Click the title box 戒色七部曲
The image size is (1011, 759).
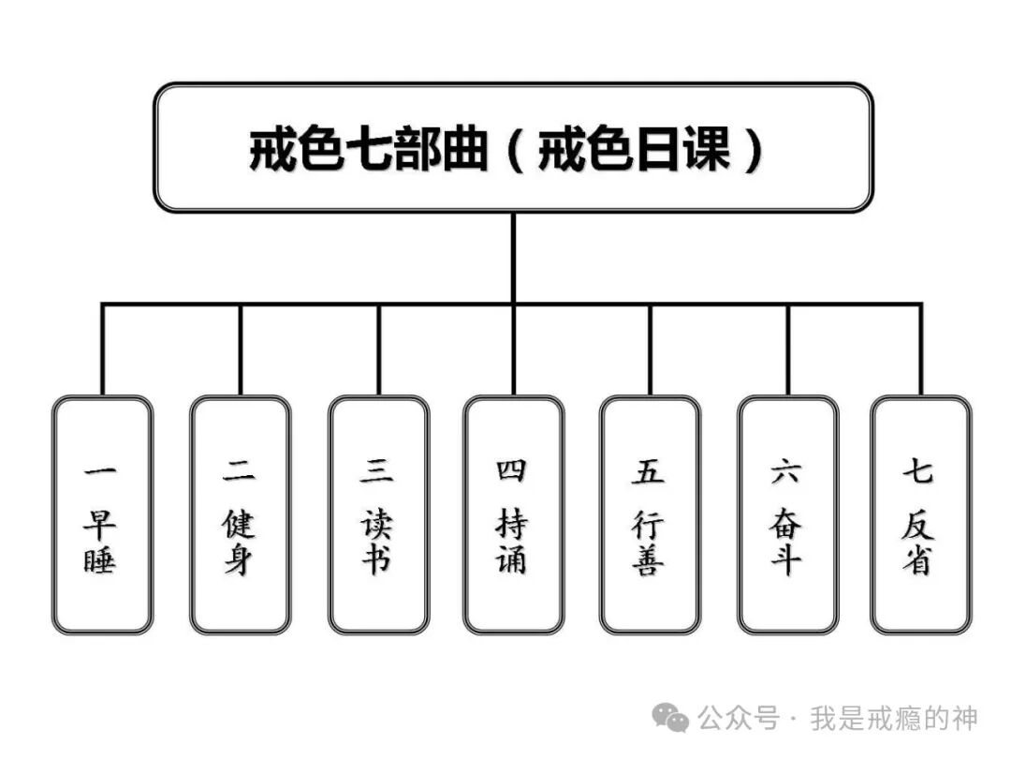pos(513,148)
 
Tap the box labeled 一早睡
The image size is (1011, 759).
pos(102,515)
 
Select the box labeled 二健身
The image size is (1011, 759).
pos(240,515)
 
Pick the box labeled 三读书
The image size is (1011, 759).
pos(378,515)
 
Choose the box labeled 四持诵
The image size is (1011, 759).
pos(513,515)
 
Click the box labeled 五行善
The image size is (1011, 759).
pos(650,515)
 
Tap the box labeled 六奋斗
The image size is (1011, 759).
pos(788,515)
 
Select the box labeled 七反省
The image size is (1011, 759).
pos(921,515)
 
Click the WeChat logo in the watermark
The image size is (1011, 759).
pos(670,718)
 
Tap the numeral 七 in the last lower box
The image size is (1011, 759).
pos(917,470)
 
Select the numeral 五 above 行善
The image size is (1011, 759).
pos(648,471)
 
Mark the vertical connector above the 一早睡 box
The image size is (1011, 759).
pos(102,350)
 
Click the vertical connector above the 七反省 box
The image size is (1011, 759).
pos(921,350)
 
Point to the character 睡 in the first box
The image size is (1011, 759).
pos(99,559)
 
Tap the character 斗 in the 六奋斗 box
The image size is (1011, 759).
pos(786,559)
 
